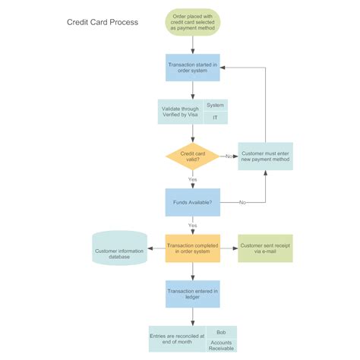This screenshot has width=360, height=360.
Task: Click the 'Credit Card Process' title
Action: pyautogui.click(x=103, y=22)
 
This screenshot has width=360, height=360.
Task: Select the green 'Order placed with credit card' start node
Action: pyautogui.click(x=193, y=22)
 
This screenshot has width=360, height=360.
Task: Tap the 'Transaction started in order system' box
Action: pyautogui.click(x=193, y=68)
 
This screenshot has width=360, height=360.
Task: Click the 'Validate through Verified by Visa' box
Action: pyautogui.click(x=180, y=112)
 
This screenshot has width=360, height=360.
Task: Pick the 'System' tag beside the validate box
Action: pyautogui.click(x=215, y=106)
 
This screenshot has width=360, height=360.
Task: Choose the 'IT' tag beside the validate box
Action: pyautogui.click(x=215, y=118)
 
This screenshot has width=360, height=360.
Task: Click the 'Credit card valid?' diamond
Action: pyautogui.click(x=193, y=156)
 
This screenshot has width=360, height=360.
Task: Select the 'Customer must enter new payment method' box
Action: pyautogui.click(x=265, y=156)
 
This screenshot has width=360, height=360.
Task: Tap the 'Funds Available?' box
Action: pyautogui.click(x=193, y=202)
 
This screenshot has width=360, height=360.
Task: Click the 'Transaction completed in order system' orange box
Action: pyautogui.click(x=193, y=248)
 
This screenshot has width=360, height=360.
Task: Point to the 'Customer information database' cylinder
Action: pyautogui.click(x=119, y=249)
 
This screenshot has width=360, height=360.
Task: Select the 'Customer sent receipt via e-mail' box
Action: pyautogui.click(x=265, y=248)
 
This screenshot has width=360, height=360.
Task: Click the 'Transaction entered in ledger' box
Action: pyautogui.click(x=193, y=294)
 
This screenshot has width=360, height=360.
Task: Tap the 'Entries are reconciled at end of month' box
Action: pyautogui.click(x=177, y=339)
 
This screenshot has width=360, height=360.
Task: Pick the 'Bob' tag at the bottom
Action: pyautogui.click(x=221, y=333)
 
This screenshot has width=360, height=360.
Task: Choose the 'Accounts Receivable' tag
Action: pyautogui.click(x=221, y=346)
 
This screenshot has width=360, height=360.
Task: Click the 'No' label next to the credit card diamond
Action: pyautogui.click(x=229, y=156)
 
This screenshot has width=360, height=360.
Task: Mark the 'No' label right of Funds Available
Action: pyautogui.click(x=242, y=203)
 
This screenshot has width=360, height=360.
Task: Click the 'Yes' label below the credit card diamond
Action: pyautogui.click(x=193, y=180)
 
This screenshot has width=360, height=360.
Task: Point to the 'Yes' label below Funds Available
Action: pyautogui.click(x=193, y=226)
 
